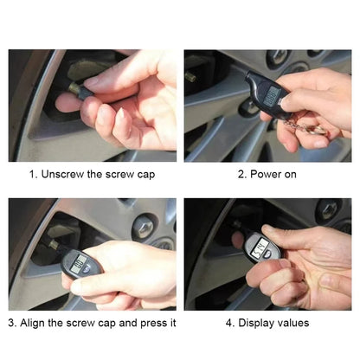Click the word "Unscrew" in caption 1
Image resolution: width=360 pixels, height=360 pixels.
pos(61,174)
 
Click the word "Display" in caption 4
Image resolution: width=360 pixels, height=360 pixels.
pos(252,323)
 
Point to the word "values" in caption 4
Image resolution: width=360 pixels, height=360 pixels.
pos(292,323)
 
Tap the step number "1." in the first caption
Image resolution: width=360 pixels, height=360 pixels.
pos(33,174)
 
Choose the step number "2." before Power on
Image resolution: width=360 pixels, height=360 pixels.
pos(242,174)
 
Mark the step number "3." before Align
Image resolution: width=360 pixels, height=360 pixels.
pos(13,323)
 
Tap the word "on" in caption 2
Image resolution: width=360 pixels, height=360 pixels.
pos(292,174)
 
